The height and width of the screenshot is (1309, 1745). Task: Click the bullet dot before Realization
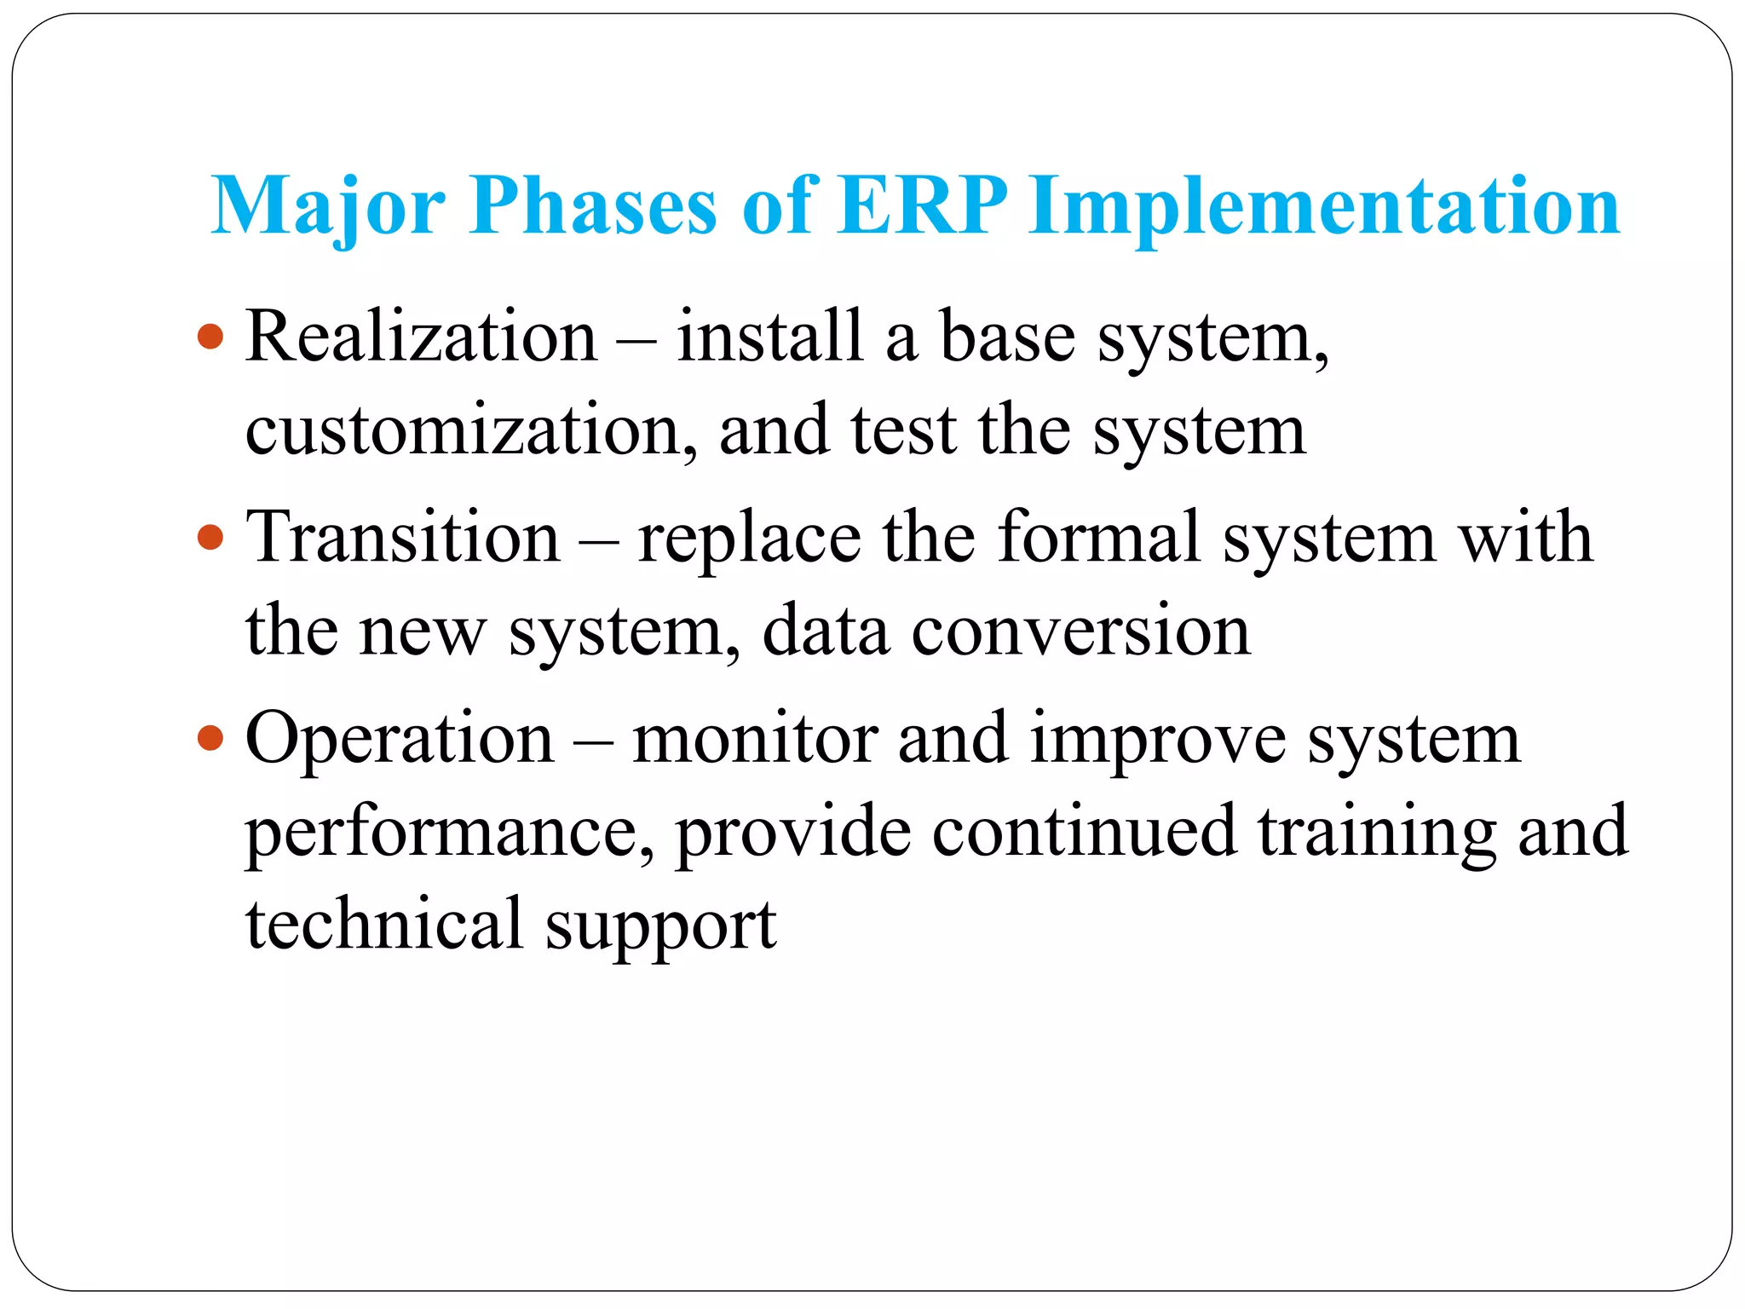point(210,337)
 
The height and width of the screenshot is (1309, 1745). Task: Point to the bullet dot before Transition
point(210,537)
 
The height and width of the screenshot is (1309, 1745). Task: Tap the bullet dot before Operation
point(210,737)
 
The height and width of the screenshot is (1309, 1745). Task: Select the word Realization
point(422,337)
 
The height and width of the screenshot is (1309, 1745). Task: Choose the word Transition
point(403,537)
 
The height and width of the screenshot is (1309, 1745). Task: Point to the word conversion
point(1080,631)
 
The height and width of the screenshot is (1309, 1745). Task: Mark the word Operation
point(400,738)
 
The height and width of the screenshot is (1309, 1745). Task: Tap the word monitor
point(755,738)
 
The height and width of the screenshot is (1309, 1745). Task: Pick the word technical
point(383,924)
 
